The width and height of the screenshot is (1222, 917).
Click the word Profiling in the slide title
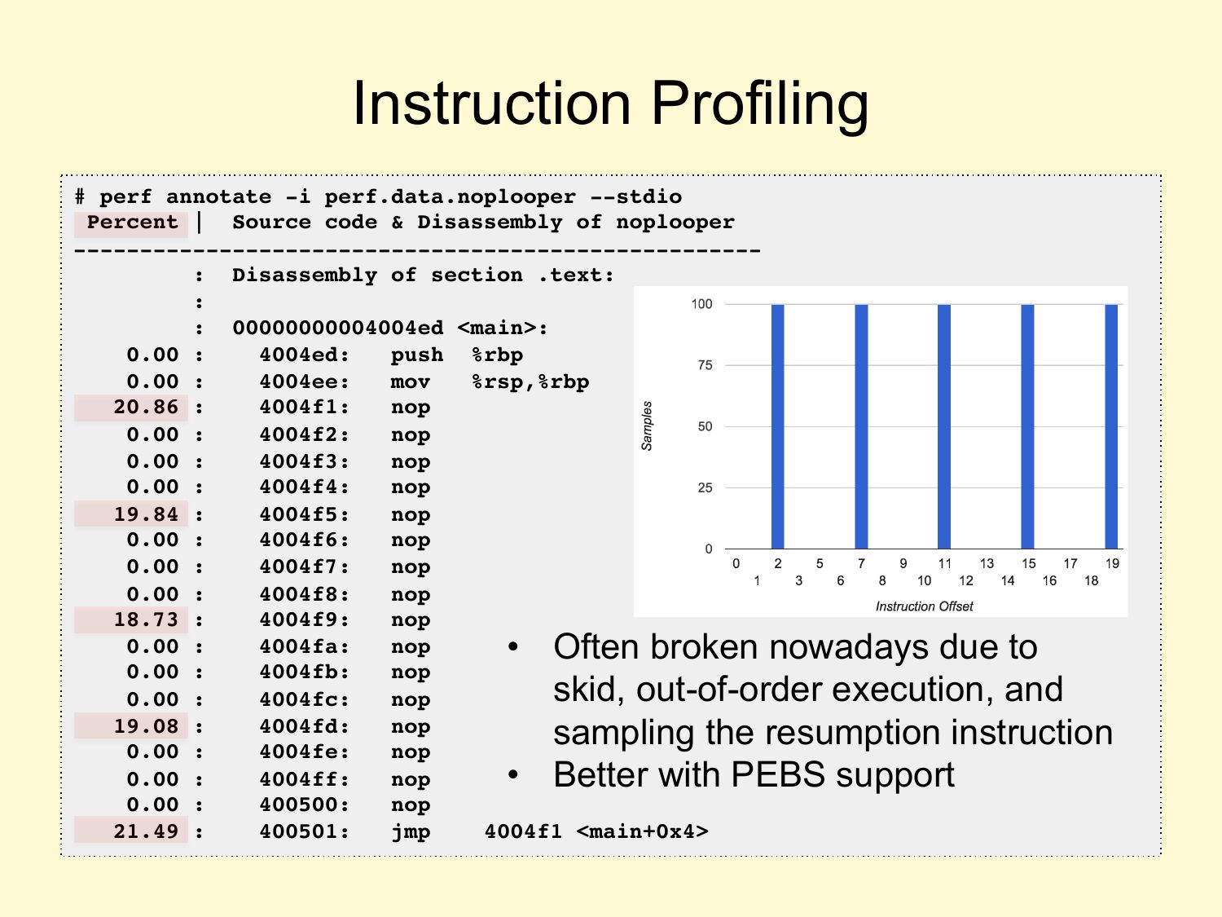(759, 104)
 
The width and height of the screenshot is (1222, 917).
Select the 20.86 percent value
(146, 407)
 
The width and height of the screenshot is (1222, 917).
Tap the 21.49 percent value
(146, 831)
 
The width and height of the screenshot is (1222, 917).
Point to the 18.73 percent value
(146, 619)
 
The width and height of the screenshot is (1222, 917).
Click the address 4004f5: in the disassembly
(304, 514)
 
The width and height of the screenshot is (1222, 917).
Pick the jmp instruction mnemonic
(411, 831)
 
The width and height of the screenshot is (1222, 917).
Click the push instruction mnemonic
(417, 355)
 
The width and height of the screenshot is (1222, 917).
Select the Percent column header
(133, 223)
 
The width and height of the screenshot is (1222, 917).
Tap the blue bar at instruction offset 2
(778, 426)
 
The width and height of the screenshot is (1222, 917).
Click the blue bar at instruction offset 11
(944, 426)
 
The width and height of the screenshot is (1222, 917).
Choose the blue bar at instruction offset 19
(1111, 426)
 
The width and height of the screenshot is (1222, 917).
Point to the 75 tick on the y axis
(705, 365)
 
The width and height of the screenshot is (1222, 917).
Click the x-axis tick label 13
(987, 563)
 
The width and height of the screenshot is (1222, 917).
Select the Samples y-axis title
(646, 426)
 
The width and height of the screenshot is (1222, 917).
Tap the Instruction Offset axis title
(924, 606)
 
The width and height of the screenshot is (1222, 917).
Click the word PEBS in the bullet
(778, 774)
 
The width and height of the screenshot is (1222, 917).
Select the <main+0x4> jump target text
(643, 831)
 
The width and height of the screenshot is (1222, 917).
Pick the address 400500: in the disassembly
(304, 805)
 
